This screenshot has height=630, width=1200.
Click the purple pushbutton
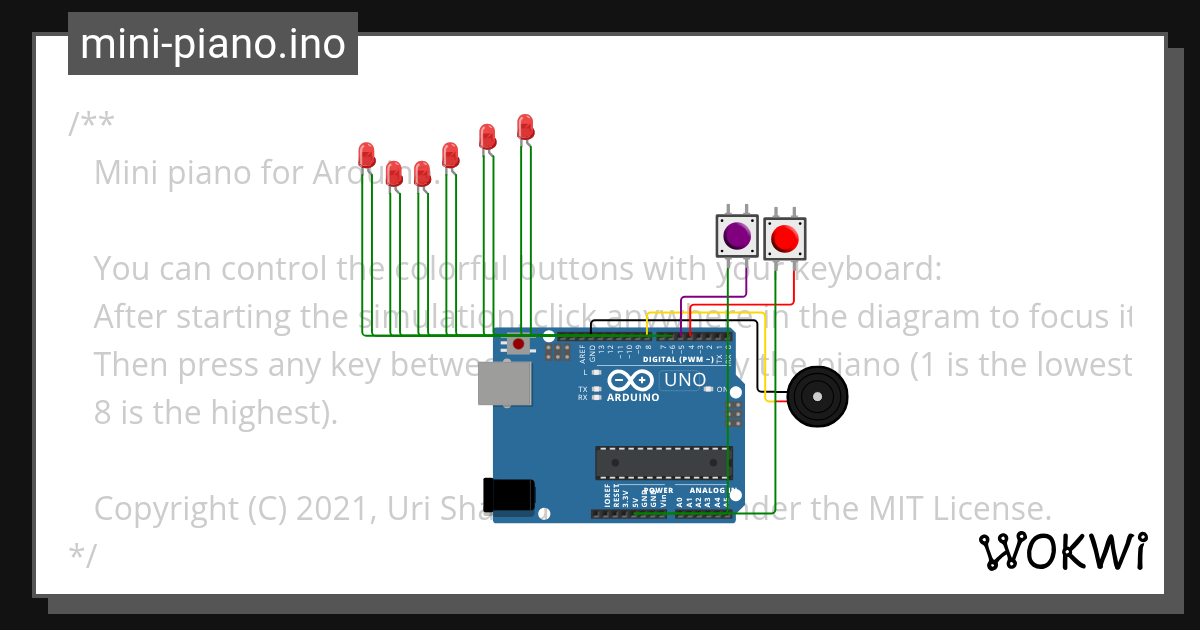737,236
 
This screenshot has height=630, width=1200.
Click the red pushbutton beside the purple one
784,239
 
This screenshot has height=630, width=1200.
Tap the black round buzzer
817,397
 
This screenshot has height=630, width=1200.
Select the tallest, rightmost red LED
525,127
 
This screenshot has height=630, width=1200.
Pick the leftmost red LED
367,155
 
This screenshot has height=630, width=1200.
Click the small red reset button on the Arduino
518,345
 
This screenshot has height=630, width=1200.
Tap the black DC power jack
507,494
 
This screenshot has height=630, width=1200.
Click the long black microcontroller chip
663,463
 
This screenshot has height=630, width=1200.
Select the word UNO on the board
684,381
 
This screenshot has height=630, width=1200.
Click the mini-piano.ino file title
212,44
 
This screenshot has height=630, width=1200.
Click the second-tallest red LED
487,135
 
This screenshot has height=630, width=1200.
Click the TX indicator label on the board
582,388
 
